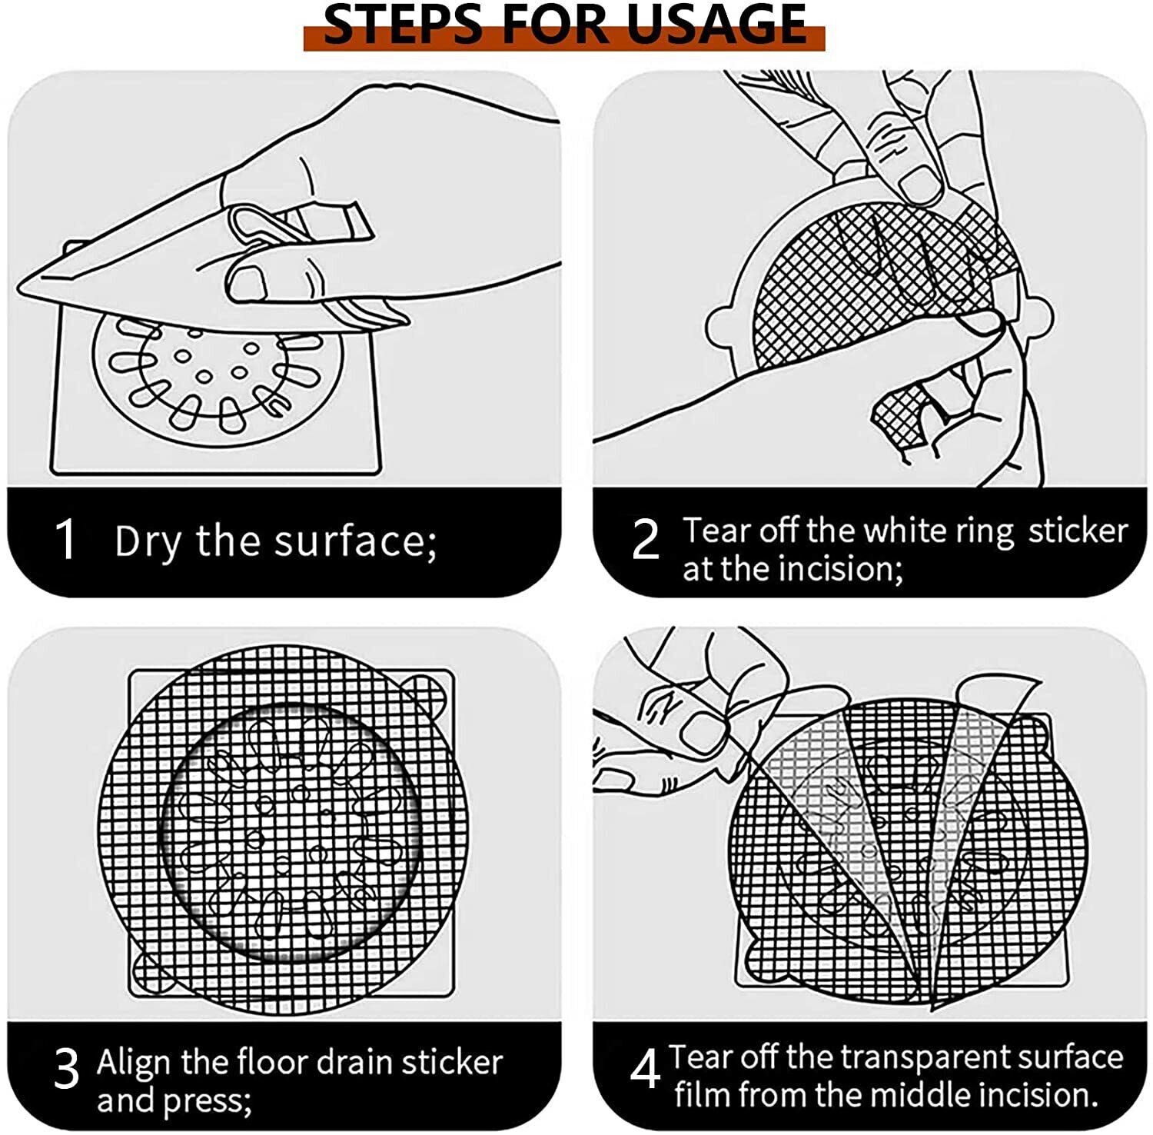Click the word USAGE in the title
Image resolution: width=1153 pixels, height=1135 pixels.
716,24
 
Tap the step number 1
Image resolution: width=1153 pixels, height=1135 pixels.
67,539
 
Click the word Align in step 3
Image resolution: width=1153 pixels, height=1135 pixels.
135,1063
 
